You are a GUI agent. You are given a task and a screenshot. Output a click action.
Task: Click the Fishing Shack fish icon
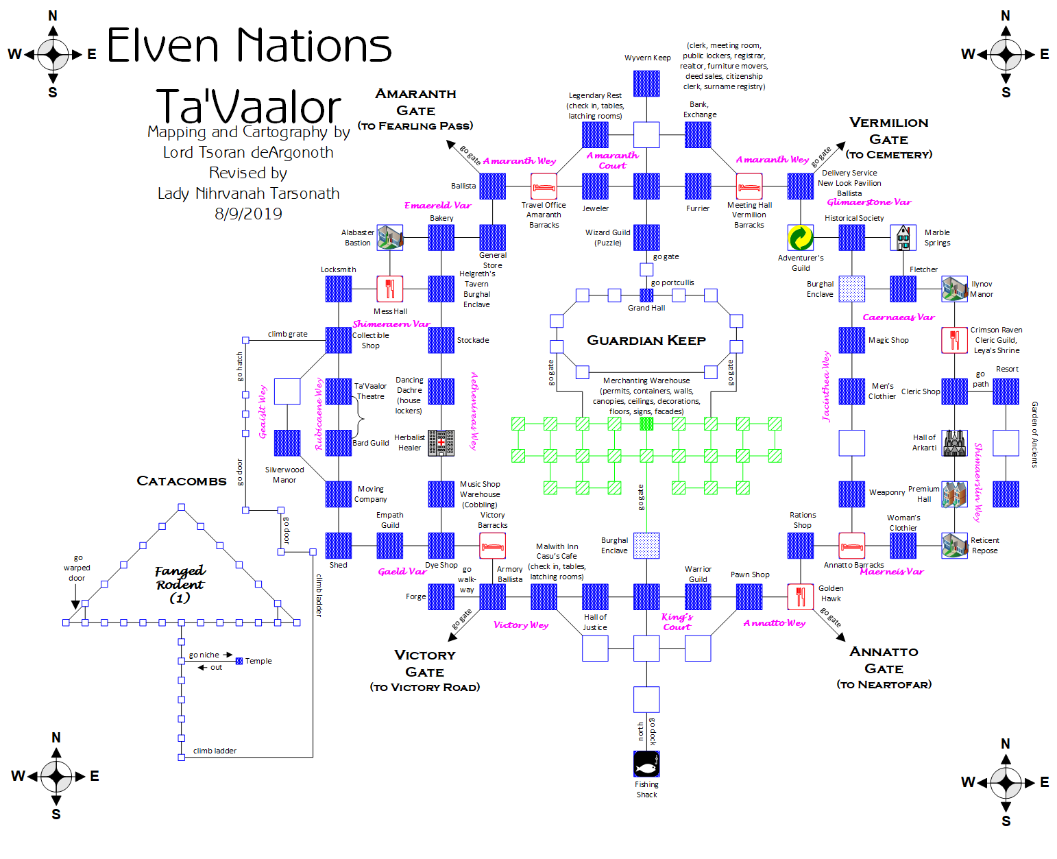coord(646,764)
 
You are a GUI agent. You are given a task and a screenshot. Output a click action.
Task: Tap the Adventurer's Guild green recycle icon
coord(800,238)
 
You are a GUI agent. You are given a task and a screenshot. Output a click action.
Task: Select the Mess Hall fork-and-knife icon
coord(389,289)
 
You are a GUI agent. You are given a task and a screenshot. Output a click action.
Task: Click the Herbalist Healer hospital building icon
coord(441,443)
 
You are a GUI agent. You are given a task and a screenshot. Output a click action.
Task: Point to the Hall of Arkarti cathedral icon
coord(954,443)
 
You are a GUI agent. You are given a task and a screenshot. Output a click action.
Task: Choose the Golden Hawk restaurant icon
coord(800,596)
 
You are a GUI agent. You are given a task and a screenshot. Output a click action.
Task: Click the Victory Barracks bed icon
coord(492,546)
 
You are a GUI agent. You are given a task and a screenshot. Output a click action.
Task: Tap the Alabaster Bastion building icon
coord(390,238)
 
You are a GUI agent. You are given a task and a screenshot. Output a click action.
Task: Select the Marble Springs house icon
coord(903,238)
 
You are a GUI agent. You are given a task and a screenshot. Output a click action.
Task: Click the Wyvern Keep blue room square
coord(646,84)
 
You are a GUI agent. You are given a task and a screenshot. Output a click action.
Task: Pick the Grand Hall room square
coord(646,295)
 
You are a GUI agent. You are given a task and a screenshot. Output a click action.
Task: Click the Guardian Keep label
coord(646,340)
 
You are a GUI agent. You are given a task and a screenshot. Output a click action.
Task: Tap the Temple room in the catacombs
coord(239,661)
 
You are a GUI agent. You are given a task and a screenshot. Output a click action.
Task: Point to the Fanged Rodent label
coord(180,583)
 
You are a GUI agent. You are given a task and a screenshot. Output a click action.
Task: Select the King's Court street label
coord(677,621)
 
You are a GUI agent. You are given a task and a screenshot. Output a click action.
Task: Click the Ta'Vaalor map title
coord(249,106)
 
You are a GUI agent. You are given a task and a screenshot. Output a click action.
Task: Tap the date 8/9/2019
coord(248,213)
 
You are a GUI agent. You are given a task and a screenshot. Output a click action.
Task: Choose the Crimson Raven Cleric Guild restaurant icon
coord(954,340)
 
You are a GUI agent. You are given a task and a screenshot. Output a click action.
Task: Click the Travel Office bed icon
coord(544,186)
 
